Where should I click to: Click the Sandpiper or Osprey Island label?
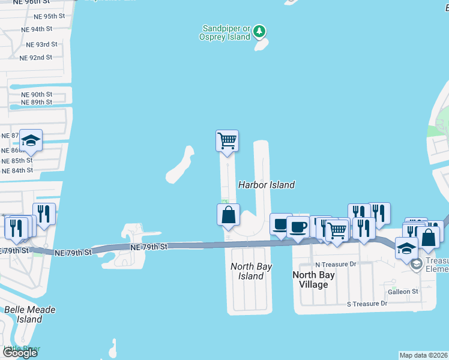tap(226, 32)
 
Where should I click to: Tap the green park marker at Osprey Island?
tap(259, 31)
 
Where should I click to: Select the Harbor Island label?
tap(267, 185)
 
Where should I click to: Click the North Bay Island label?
tap(250, 271)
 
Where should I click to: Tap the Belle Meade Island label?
tap(30, 314)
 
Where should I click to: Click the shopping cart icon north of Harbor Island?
tap(227, 142)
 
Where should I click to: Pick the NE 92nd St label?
tap(35, 58)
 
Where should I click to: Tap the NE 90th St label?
tap(37, 94)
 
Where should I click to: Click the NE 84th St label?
tap(17, 170)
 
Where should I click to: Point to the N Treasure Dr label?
tap(336, 264)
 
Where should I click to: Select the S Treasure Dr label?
tap(367, 304)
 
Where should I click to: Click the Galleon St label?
tap(402, 292)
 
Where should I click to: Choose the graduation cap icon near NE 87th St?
tap(31, 141)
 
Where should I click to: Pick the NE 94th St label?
tap(36, 29)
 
